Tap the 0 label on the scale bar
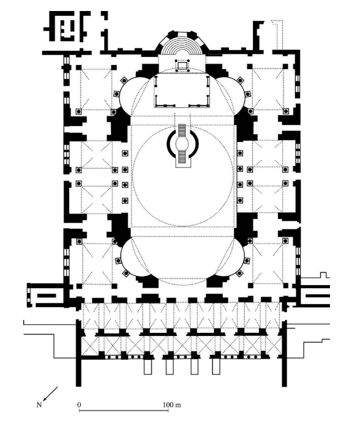80,404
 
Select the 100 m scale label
167,404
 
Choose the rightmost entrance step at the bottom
216,366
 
